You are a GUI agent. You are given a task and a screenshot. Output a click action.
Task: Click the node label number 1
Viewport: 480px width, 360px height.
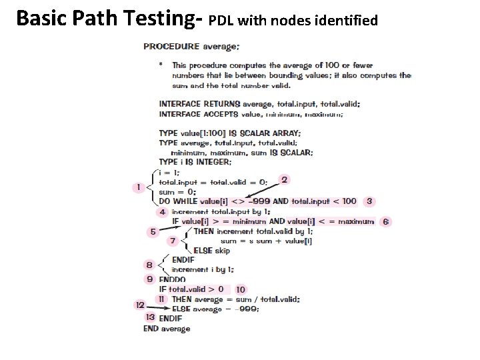(x=139, y=187)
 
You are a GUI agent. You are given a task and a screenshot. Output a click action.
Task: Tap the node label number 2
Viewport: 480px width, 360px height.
(x=285, y=180)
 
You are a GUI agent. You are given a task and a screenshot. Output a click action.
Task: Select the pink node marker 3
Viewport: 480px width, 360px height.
(x=369, y=201)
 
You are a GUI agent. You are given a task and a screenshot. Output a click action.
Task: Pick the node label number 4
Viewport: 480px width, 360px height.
(x=162, y=212)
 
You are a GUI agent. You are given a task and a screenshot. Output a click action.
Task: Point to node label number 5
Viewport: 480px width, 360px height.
(x=153, y=231)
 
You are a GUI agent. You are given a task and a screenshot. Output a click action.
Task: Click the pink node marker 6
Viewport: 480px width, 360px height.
(x=385, y=221)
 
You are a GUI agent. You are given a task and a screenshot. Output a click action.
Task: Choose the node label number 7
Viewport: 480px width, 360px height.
(x=173, y=241)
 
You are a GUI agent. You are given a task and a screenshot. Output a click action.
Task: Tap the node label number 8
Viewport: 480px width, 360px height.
(x=149, y=265)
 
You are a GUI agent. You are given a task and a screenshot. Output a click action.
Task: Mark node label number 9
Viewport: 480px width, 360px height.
(x=150, y=279)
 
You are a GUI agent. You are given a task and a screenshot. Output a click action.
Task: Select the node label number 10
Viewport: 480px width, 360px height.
(x=240, y=289)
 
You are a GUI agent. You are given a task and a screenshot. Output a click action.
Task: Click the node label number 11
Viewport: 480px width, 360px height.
(x=161, y=299)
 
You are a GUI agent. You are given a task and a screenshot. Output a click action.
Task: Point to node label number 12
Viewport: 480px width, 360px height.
(x=140, y=305)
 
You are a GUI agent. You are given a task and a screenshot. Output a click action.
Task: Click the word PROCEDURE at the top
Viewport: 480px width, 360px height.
(x=171, y=46)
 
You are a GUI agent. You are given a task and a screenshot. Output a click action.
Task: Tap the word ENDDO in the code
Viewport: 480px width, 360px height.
(x=173, y=279)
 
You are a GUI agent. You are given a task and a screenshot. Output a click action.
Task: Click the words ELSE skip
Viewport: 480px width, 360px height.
(x=211, y=251)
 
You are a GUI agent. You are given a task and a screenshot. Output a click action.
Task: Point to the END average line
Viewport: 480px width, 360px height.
(x=167, y=328)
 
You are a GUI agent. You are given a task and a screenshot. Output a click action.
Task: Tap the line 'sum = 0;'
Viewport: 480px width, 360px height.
(x=173, y=191)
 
